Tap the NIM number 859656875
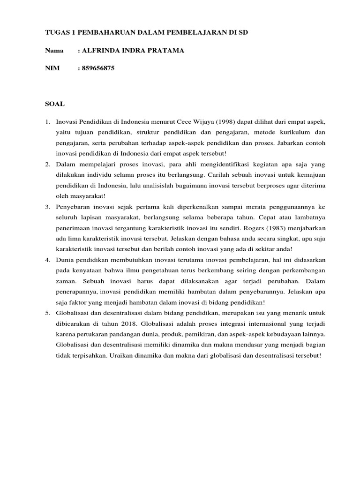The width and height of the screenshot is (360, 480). point(98,68)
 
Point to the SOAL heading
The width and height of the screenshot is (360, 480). point(55,104)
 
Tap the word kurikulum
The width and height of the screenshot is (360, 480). point(292,133)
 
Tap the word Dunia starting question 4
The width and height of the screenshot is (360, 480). point(66,259)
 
